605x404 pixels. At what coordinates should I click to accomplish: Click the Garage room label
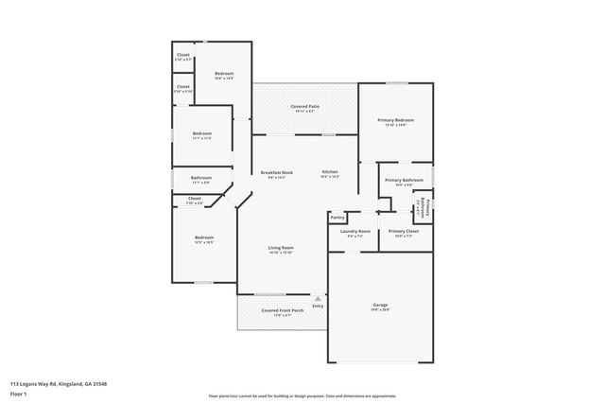pyautogui.click(x=379, y=305)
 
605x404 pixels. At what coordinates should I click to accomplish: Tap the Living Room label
pyautogui.click(x=281, y=248)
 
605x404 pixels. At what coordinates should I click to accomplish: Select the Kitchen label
pyautogui.click(x=330, y=171)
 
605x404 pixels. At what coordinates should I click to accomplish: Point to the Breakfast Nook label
pyautogui.click(x=277, y=171)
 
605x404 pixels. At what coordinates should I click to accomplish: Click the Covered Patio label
pyautogui.click(x=304, y=107)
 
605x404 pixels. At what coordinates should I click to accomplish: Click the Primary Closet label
pyautogui.click(x=403, y=231)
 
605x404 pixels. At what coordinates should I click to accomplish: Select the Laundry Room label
pyautogui.click(x=355, y=231)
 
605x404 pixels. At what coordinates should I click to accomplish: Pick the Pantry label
pyautogui.click(x=337, y=217)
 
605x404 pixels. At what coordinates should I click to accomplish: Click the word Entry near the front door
pyautogui.click(x=318, y=306)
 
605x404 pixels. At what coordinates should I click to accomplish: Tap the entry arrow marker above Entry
pyautogui.click(x=318, y=297)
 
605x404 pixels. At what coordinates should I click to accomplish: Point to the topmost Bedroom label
pyautogui.click(x=224, y=74)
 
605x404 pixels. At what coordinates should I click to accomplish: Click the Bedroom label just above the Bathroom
pyautogui.click(x=201, y=133)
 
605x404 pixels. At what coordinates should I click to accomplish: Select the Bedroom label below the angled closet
pyautogui.click(x=204, y=237)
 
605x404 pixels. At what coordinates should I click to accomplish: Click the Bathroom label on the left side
pyautogui.click(x=200, y=178)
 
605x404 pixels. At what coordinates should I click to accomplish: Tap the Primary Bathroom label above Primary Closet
pyautogui.click(x=404, y=180)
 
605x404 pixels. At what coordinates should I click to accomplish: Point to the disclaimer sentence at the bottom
pyautogui.click(x=302, y=395)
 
